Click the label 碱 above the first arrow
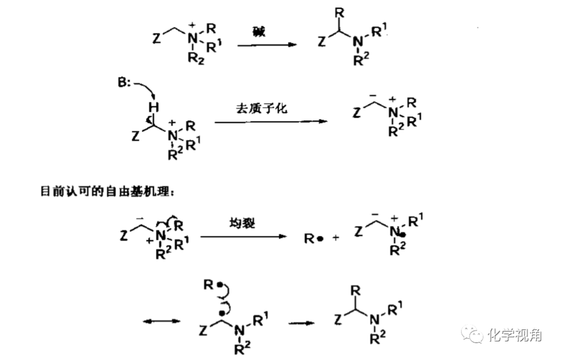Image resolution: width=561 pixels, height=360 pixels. [259, 32]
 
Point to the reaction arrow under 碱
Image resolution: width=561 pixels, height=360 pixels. [266, 45]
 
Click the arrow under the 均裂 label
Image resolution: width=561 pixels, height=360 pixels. [243, 237]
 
